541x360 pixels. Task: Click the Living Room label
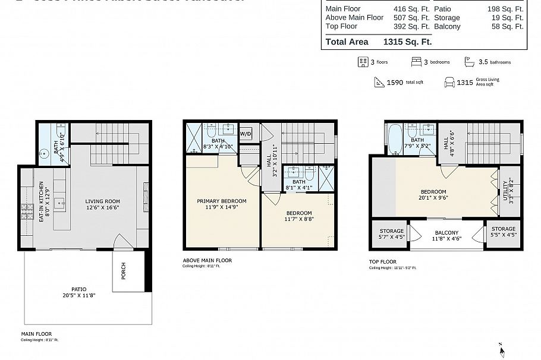coord(102,201)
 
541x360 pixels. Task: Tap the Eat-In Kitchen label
coord(42,202)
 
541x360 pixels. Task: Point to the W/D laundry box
coord(246,134)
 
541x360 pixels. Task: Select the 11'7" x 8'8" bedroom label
coord(298,216)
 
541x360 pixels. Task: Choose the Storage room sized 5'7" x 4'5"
coord(391,233)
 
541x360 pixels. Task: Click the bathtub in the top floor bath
coord(394,140)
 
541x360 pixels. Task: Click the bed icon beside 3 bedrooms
coord(417,62)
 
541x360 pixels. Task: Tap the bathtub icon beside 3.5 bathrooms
coord(469,62)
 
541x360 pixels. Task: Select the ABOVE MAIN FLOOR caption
coord(207,260)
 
